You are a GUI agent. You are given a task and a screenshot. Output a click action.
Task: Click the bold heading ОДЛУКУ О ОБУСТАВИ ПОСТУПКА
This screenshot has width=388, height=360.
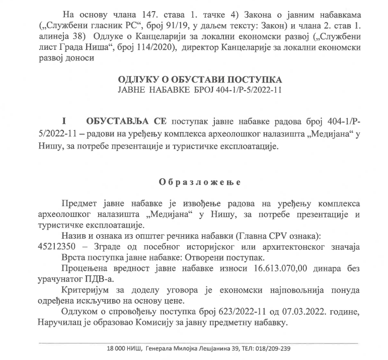pos(200,80)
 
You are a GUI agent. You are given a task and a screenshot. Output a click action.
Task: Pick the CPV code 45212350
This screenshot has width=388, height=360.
pos(53,247)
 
